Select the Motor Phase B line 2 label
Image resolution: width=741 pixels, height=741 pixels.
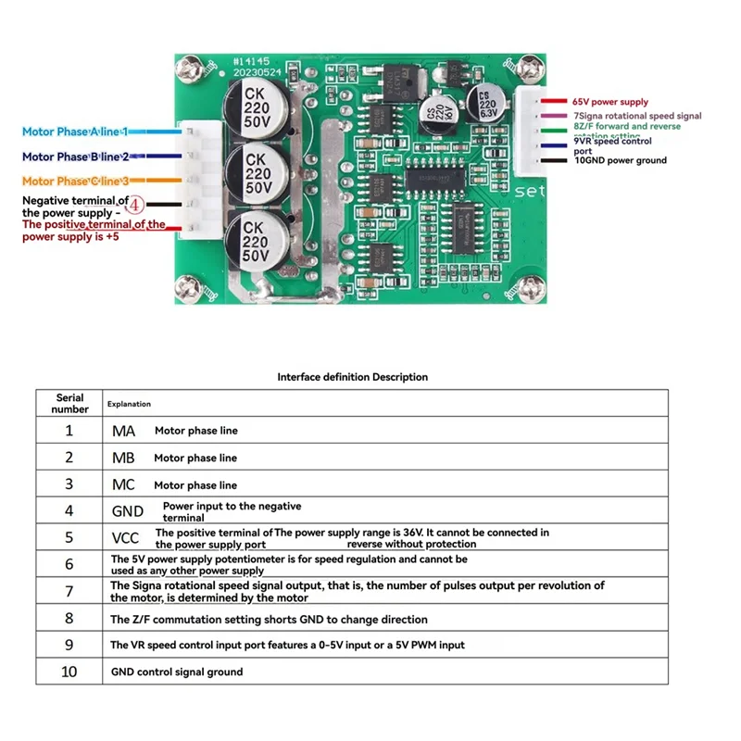76,157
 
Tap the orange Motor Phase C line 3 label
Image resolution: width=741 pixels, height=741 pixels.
76,181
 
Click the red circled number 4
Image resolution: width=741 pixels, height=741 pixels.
134,203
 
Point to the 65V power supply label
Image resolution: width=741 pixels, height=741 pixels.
610,102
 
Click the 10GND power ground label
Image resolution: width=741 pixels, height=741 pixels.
621,161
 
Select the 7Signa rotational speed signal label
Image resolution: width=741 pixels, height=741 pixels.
637,115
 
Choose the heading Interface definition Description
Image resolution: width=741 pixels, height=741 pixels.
353,377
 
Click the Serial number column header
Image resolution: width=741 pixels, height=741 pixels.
69,404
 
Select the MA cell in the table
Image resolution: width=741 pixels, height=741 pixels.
123,431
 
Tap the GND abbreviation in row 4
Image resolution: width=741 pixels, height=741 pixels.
127,511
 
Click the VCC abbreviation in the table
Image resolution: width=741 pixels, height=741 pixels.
125,538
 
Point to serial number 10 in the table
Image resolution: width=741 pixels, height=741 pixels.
69,672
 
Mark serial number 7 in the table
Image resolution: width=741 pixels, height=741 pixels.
69,591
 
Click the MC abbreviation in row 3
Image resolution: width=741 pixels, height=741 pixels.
123,484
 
